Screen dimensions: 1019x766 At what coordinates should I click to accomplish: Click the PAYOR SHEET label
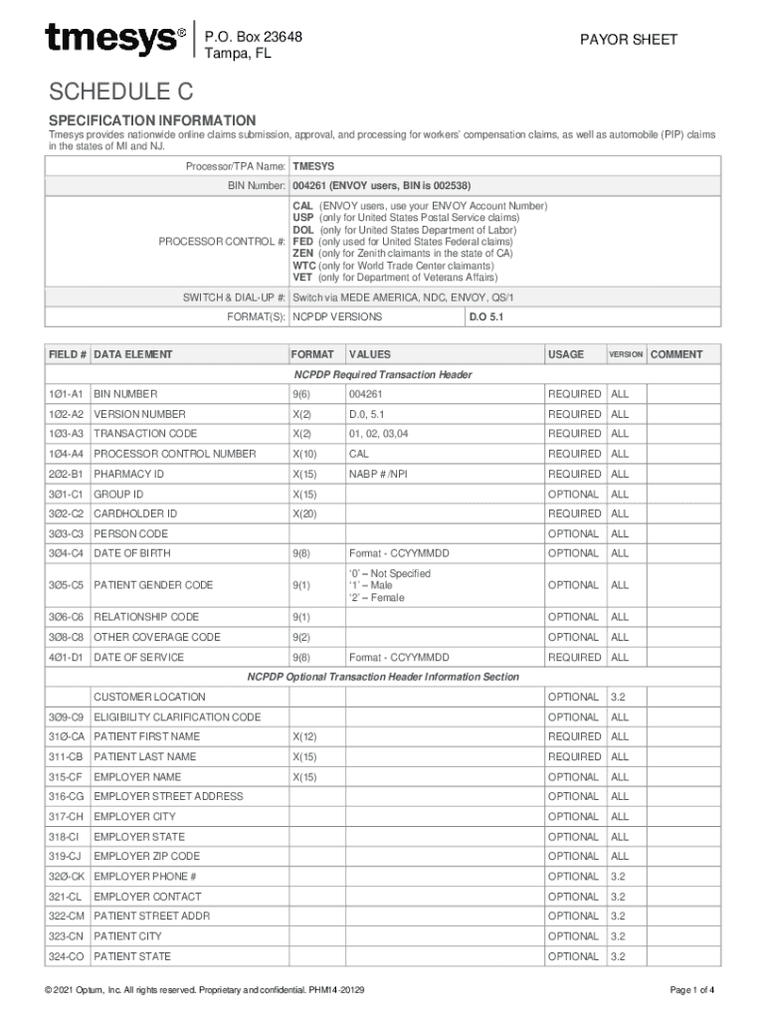click(x=629, y=40)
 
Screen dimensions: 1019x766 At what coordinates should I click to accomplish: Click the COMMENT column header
click(x=676, y=354)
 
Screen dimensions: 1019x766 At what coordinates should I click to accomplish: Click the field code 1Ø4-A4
click(x=67, y=454)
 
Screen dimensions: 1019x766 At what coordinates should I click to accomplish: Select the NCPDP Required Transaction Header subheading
click(x=383, y=375)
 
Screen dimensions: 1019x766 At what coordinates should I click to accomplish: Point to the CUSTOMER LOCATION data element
click(x=149, y=697)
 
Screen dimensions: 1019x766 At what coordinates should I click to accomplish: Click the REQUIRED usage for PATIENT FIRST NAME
click(x=574, y=736)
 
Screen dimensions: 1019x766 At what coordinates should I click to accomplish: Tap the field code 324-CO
click(x=67, y=956)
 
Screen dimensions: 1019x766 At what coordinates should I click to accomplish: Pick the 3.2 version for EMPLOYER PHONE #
click(x=618, y=877)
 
